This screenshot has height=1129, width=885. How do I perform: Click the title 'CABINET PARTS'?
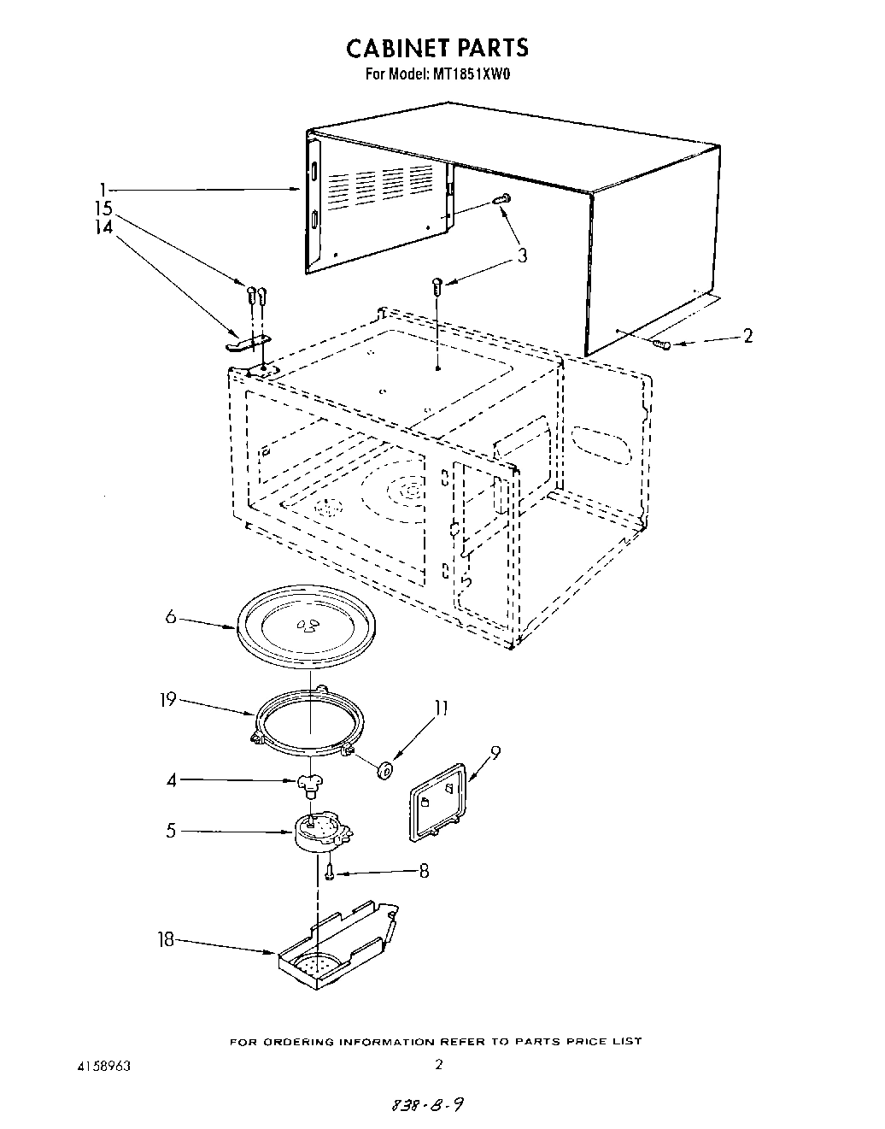(x=437, y=48)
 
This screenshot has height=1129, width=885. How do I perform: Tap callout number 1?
(x=103, y=189)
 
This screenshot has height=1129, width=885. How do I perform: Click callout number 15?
(x=103, y=209)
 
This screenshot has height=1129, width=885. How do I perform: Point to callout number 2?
(x=747, y=336)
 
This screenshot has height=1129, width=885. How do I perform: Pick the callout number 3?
(x=521, y=255)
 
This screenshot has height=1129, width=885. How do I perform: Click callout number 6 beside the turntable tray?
(x=170, y=615)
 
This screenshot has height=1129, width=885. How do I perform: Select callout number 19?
(x=167, y=699)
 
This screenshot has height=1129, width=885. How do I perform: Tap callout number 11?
(x=441, y=708)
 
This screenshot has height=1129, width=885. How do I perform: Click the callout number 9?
(x=495, y=752)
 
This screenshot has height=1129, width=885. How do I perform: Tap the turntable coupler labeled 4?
(x=308, y=781)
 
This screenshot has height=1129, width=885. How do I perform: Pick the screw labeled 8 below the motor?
(x=329, y=873)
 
